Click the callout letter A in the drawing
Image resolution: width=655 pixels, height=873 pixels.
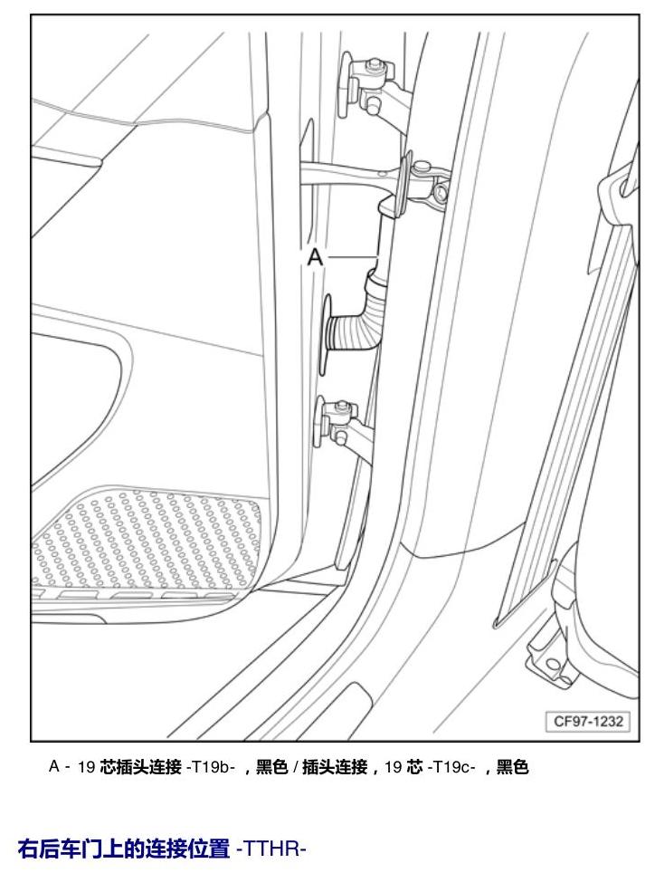click(315, 257)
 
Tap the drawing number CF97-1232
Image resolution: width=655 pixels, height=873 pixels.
click(588, 722)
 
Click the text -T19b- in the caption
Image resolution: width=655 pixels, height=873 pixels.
click(211, 767)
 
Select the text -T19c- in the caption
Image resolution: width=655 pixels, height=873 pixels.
click(451, 767)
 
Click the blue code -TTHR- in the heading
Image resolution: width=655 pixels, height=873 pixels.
click(271, 849)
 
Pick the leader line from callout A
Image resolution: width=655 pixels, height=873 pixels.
click(351, 256)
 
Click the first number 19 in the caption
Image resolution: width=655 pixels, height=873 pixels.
click(86, 767)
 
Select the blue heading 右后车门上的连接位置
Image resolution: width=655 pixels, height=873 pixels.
click(123, 849)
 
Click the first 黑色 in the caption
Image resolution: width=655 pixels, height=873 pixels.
click(271, 767)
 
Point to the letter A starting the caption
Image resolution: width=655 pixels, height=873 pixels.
click(54, 767)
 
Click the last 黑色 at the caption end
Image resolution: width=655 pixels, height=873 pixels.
click(512, 767)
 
